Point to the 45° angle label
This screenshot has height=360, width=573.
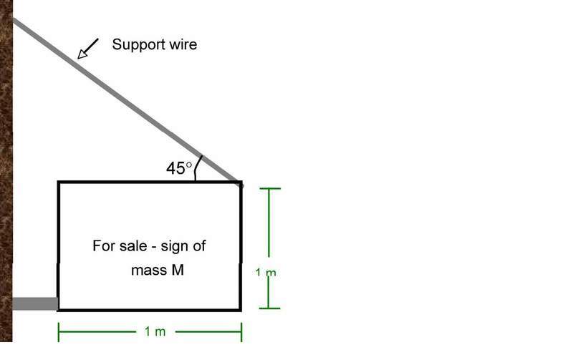[x=179, y=169]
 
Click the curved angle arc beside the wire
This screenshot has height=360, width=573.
[x=197, y=169]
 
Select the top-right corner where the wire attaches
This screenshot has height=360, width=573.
[x=241, y=183]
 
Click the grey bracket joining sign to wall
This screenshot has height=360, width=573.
[x=35, y=303]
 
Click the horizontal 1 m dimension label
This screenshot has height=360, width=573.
[x=155, y=332]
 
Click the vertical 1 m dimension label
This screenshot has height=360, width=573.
[x=266, y=272]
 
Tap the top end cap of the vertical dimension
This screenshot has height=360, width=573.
[x=269, y=189]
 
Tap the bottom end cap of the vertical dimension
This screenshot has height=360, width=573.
[x=269, y=308]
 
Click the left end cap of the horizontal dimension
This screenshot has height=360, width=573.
[x=59, y=332]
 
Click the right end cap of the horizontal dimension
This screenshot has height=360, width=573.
[x=241, y=332]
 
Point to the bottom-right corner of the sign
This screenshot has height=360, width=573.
[x=241, y=309]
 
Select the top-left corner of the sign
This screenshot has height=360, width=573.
[x=59, y=183]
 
